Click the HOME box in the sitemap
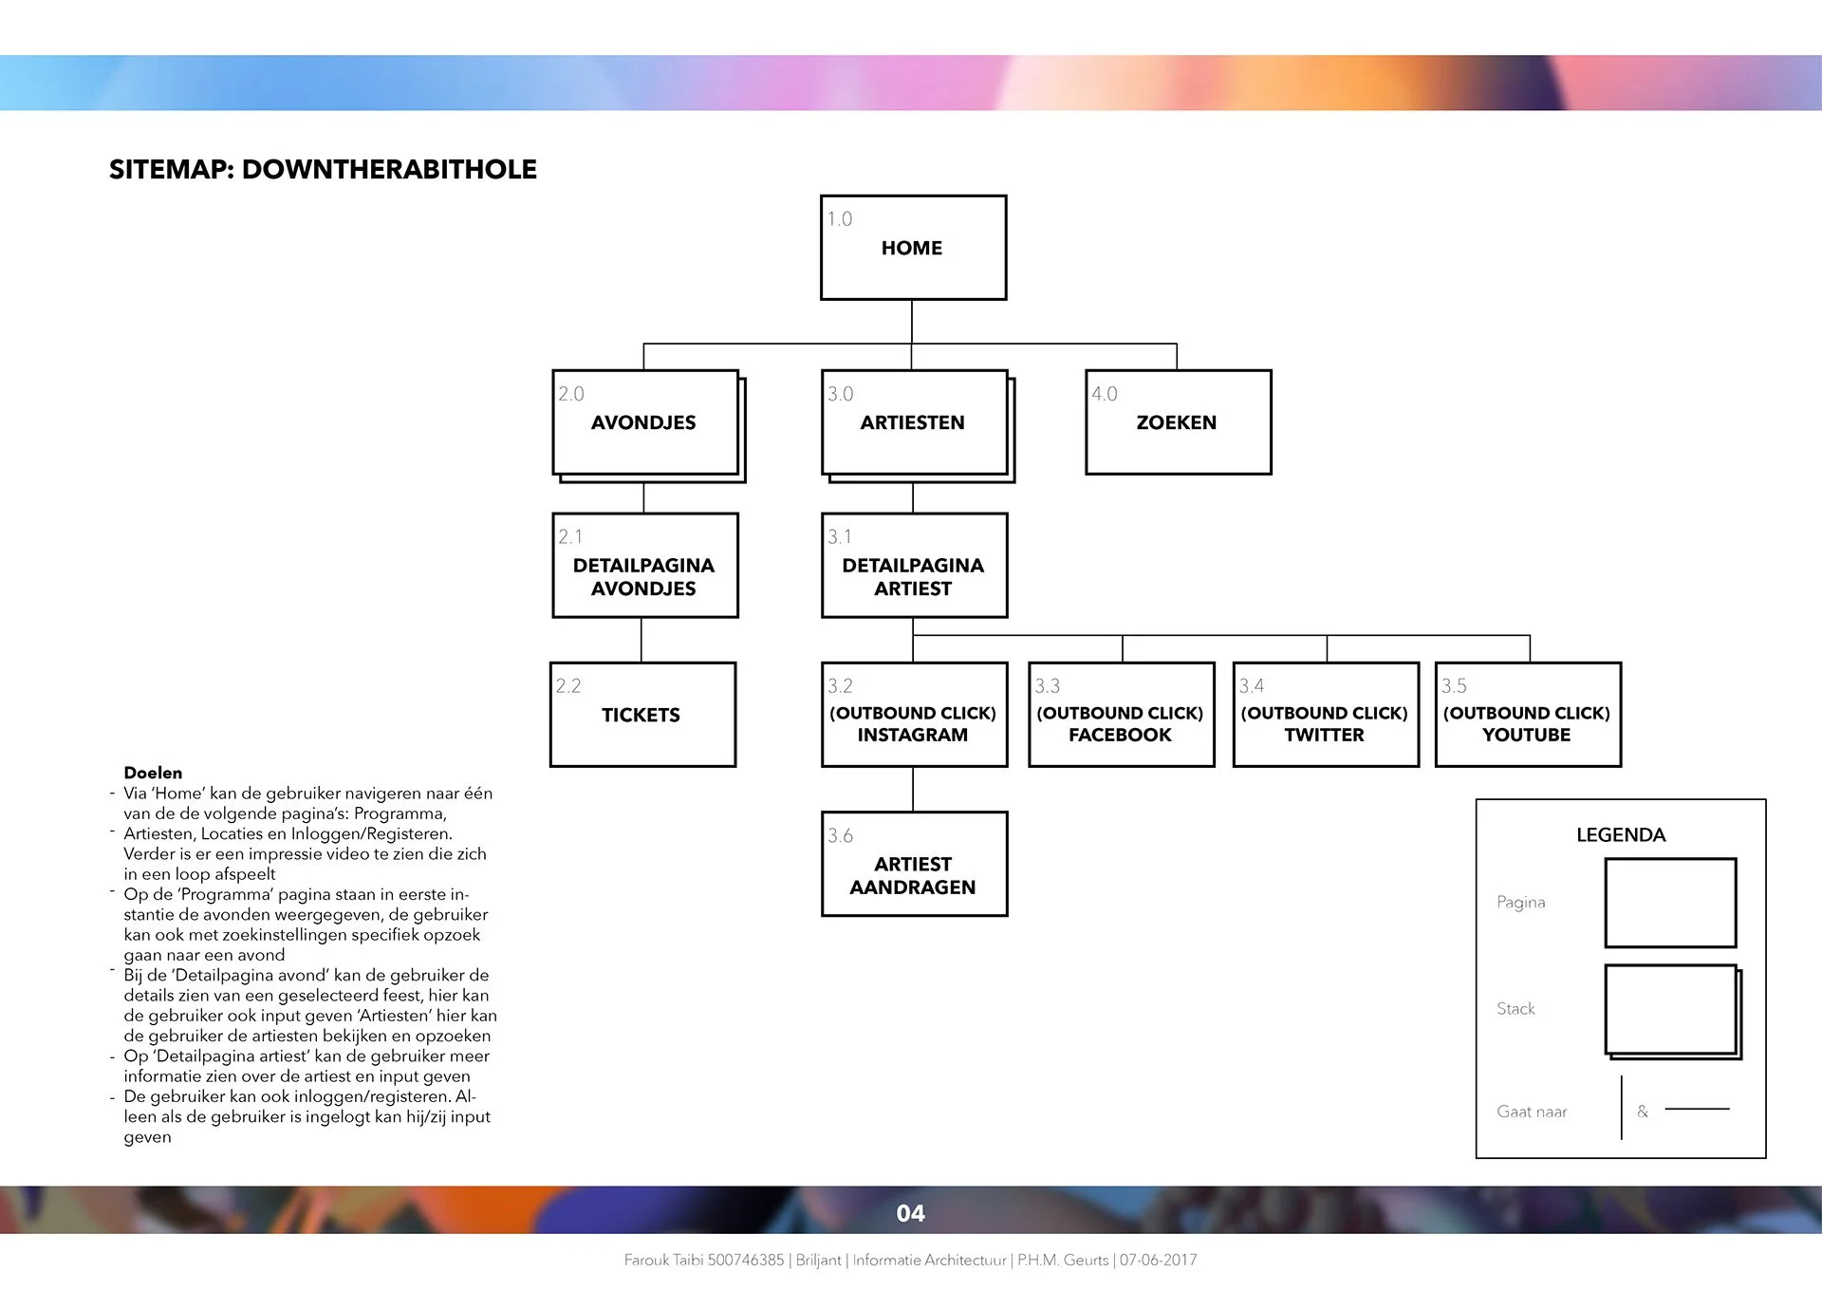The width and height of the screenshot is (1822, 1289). coord(913,248)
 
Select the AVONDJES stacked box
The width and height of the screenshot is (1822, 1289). coord(645,423)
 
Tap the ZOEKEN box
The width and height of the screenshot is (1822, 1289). coord(1178,422)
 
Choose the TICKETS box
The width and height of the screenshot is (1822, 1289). coord(642,715)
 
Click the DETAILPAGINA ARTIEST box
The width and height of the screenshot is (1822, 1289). coord(914,566)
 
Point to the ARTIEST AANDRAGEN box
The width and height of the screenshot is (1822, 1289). coord(914,864)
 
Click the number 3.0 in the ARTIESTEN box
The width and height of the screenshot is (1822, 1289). coord(840,394)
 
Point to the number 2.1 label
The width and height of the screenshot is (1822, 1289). coord(570,537)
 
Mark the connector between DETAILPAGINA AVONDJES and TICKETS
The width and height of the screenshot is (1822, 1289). coord(641,640)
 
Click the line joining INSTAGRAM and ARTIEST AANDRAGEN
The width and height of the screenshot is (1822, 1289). coord(913,789)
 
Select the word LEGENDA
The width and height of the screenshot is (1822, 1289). coord(1621,835)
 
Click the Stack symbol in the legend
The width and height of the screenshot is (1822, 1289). coord(1672,1011)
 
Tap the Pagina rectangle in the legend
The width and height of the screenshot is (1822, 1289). coord(1670,903)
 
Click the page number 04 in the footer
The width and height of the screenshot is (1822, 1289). coord(910,1213)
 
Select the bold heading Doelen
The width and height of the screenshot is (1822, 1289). coord(153,773)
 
